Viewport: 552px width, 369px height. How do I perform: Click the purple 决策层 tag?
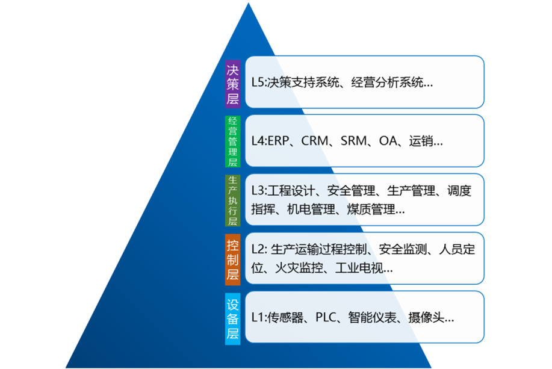coord(233,84)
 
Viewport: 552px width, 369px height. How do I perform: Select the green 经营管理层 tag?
coord(233,141)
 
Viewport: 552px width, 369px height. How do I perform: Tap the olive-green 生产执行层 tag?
coord(233,200)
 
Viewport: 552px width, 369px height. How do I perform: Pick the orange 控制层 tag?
coord(233,259)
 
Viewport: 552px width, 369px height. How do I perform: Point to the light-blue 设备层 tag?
coord(233,318)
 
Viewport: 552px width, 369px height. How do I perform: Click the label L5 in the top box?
coord(258,82)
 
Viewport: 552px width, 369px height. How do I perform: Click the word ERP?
coord(279,141)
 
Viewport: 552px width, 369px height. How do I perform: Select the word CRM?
coord(315,141)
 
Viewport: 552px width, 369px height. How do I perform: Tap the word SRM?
coord(353,141)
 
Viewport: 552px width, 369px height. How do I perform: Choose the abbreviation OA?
coord(388,141)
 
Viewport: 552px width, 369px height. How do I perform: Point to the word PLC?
coord(326,318)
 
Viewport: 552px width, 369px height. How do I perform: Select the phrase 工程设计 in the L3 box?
coord(291,191)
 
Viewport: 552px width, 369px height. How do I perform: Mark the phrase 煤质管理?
coord(371,209)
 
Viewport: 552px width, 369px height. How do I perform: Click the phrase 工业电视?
coord(359,268)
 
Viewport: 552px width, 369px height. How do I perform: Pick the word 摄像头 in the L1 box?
coord(426,318)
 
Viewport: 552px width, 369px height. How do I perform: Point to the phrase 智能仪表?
coord(372,318)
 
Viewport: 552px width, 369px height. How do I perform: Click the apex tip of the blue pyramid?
coord(249,3)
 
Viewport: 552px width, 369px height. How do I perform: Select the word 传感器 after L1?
coord(285,318)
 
